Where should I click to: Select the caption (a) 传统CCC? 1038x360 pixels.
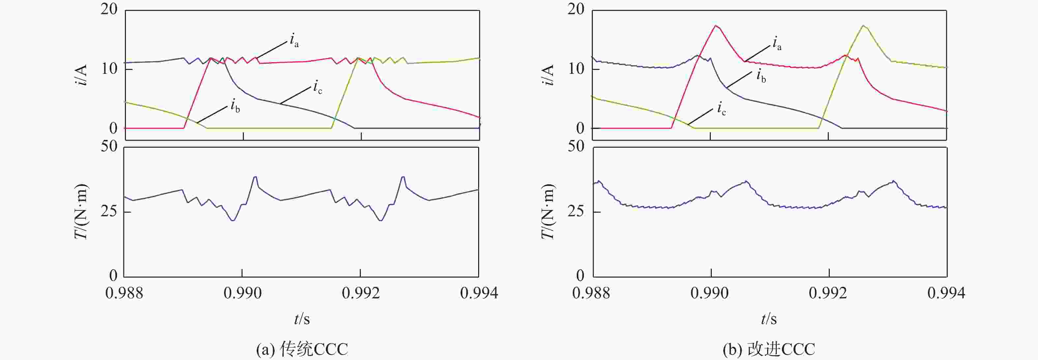click(302, 349)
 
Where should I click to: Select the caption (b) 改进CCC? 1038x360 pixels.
click(768, 349)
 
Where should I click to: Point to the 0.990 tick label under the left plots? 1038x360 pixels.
click(243, 293)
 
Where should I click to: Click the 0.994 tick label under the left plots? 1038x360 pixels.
click(479, 293)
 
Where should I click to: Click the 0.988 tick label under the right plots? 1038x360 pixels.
click(591, 293)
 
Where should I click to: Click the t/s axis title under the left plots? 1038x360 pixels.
click(302, 319)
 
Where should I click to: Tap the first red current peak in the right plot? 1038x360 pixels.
click(716, 26)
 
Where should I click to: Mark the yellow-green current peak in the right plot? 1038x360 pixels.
click(863, 26)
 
